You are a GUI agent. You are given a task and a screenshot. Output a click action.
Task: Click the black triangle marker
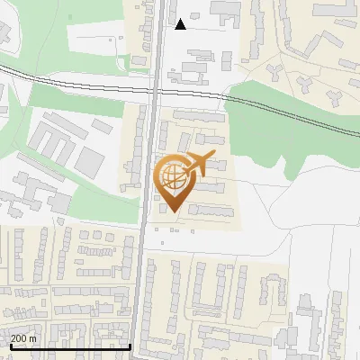181,24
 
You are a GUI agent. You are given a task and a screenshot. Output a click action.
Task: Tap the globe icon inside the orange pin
171,178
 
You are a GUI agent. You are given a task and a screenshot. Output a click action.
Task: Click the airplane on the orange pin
198,165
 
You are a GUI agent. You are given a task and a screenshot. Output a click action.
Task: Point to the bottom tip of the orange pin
171,212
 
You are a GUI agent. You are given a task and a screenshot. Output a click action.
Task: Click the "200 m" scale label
23,337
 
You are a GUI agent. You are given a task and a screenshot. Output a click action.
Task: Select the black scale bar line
70,346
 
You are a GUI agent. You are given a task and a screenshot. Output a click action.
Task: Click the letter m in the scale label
32,337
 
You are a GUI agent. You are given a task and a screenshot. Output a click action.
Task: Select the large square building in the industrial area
89,162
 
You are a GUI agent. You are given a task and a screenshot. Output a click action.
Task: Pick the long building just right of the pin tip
211,211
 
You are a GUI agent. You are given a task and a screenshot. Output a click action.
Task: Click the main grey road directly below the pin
144,270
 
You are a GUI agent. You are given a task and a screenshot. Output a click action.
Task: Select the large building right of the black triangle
225,11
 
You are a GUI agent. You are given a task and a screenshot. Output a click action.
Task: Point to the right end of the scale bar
131,346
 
